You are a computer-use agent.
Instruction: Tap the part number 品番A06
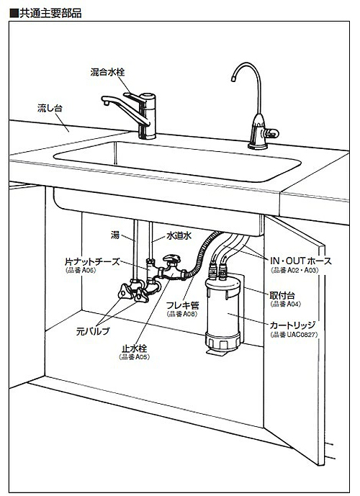tap(80, 272)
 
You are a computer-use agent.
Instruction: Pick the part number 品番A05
tap(135, 356)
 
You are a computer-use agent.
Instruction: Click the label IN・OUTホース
tap(300, 261)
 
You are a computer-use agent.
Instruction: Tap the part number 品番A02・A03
tap(297, 272)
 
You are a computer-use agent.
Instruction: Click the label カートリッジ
tap(294, 325)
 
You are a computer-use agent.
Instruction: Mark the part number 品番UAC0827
tap(294, 335)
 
